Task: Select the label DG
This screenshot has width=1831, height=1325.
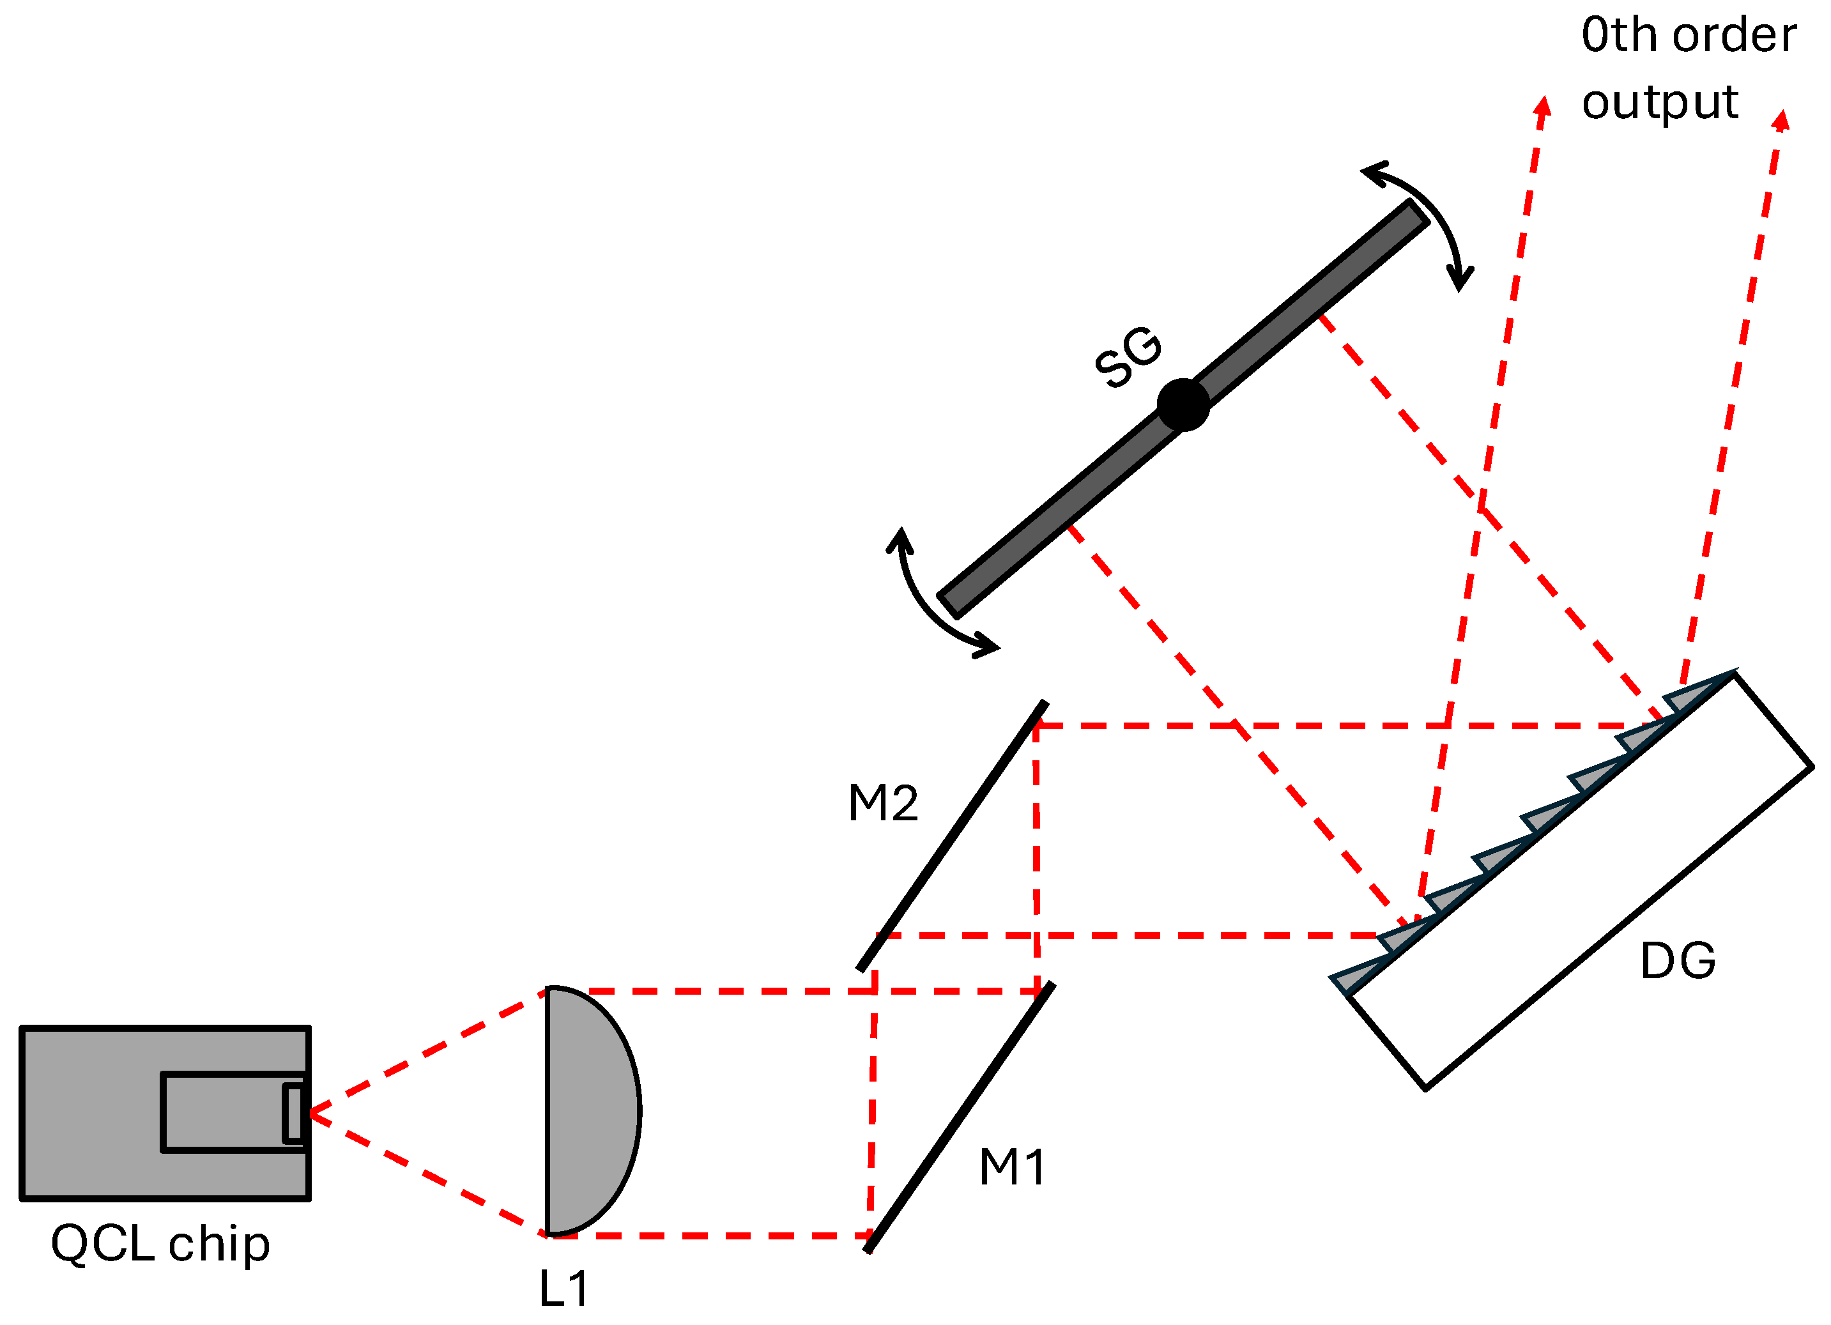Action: pos(1678,961)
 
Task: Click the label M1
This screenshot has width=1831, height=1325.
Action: pos(1013,1168)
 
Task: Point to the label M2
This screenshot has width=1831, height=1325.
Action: pos(883,804)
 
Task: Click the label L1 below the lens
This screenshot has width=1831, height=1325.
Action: pos(563,1289)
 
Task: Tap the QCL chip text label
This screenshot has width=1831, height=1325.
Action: pos(160,1245)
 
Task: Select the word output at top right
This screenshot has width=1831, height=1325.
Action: pos(1659,103)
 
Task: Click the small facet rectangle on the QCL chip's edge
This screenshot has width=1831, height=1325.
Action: pos(293,1114)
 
